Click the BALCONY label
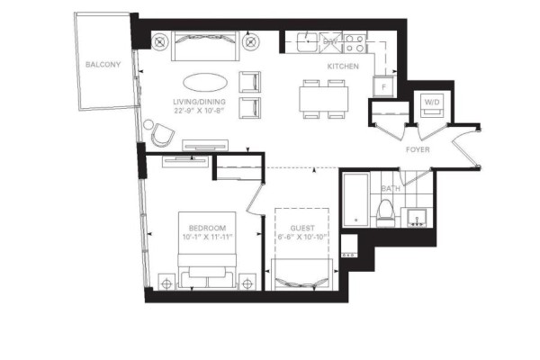[x=103, y=65]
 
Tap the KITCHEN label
[x=343, y=66]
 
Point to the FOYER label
[x=418, y=149]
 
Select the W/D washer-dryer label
[x=432, y=102]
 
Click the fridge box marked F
[x=383, y=86]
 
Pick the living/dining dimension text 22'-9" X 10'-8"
[x=200, y=111]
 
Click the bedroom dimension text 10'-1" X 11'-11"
[x=207, y=237]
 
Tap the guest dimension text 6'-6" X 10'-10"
[x=302, y=237]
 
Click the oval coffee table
[x=205, y=82]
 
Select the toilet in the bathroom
[x=385, y=213]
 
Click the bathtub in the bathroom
[x=355, y=200]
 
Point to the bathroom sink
[x=418, y=218]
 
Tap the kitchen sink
[x=308, y=42]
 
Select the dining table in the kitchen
[x=323, y=99]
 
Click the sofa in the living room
[x=205, y=46]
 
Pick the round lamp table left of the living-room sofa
[x=159, y=42]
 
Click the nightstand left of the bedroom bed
[x=166, y=283]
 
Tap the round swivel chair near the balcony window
[x=163, y=135]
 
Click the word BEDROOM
[x=207, y=228]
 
